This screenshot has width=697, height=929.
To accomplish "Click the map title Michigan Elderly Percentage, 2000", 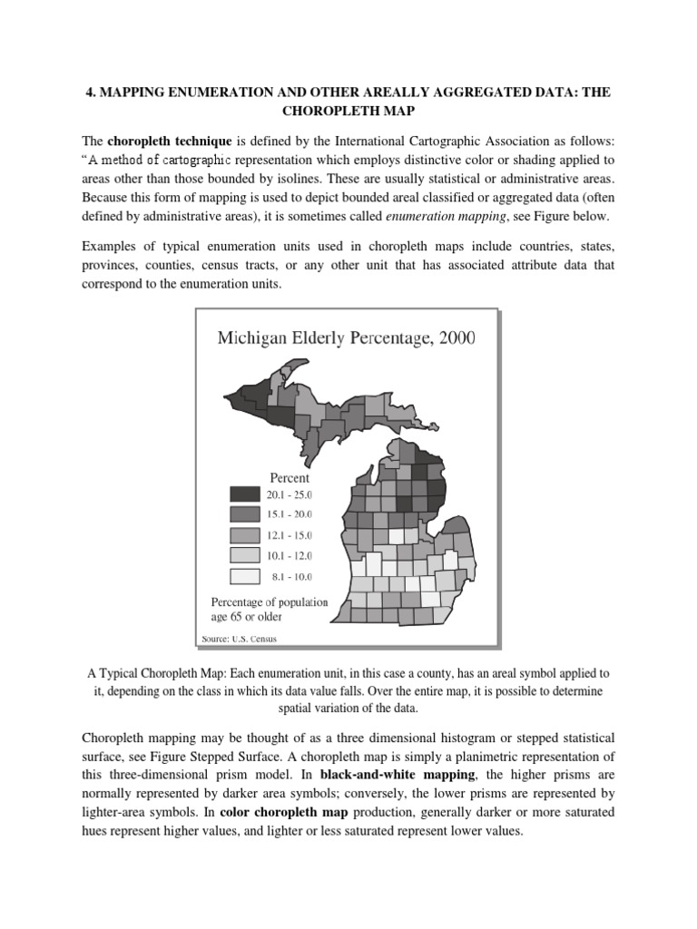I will tap(346, 338).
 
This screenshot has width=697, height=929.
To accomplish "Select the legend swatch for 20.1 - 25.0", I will tap(244, 494).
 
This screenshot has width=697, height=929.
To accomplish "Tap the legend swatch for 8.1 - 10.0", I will tap(244, 576).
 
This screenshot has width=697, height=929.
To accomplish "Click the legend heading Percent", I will tap(290, 477).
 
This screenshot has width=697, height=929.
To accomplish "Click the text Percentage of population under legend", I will tap(270, 602).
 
